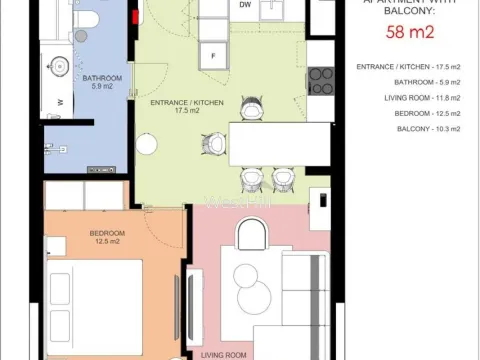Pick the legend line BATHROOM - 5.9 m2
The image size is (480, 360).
(x=413, y=82)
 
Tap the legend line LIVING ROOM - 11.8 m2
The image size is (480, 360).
(x=411, y=98)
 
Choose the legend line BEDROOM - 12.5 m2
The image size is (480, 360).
(x=414, y=114)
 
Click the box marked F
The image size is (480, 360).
(x=212, y=54)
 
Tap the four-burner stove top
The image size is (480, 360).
(x=321, y=81)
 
